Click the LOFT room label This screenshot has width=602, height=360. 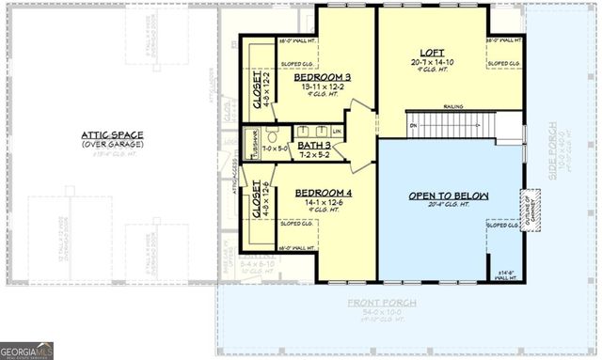pos(432,54)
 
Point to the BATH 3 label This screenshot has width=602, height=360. pos(312,145)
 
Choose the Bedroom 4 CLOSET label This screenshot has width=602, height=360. pos(255,199)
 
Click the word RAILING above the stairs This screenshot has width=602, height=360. pos(454,107)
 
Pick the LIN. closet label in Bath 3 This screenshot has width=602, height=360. pos(334,131)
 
